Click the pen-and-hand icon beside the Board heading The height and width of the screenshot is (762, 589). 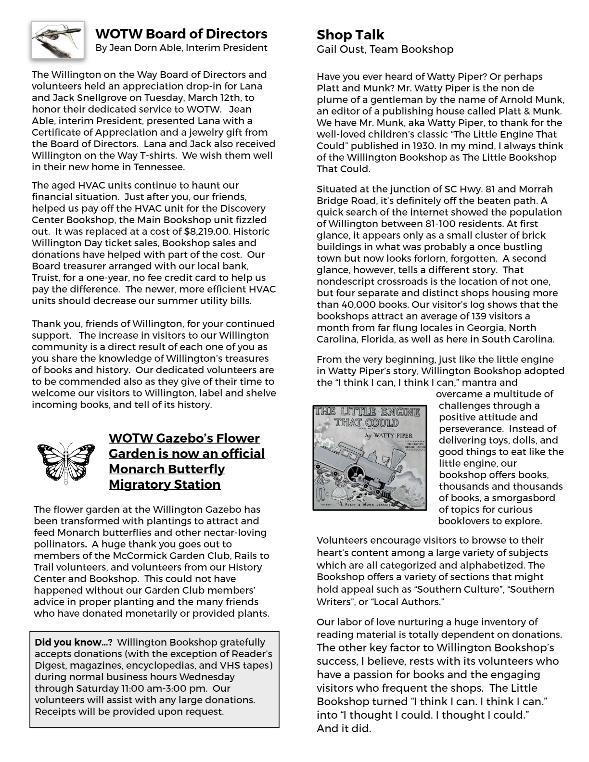(x=58, y=40)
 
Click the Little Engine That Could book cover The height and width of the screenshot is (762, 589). (x=370, y=457)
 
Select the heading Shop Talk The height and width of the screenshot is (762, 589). (x=350, y=35)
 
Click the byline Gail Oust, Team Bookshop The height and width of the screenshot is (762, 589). (x=385, y=49)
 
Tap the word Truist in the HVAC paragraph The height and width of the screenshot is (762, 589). (x=46, y=278)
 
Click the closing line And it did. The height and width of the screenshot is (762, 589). (x=344, y=728)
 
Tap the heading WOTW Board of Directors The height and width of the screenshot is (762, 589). (x=181, y=34)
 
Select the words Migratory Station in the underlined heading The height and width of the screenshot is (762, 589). (x=165, y=484)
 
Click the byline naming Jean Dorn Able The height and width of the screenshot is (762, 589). (x=181, y=48)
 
